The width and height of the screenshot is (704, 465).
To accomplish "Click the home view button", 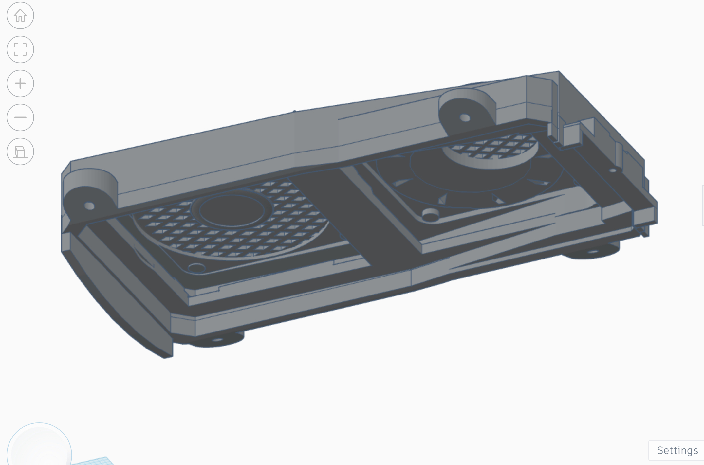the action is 20,15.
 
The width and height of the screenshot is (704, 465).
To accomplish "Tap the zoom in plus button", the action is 20,83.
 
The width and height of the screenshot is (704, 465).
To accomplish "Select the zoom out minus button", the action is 20,117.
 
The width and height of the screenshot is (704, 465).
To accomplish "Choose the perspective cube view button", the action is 20,152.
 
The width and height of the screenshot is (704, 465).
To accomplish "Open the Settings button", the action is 677,450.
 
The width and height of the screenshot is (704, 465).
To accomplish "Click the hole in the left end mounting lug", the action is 89,206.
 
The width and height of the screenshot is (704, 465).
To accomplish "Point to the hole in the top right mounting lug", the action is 465,118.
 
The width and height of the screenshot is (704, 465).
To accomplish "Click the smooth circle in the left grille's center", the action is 232,210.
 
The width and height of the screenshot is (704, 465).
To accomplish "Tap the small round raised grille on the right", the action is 490,151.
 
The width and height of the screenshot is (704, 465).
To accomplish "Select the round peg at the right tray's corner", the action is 430,215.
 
